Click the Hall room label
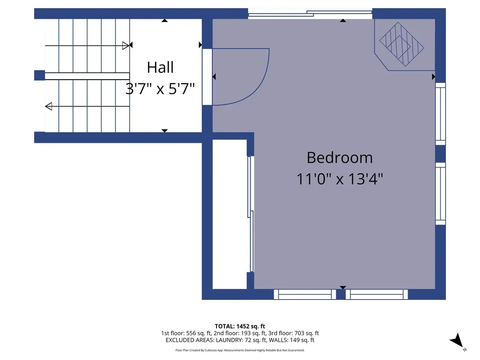click(160, 67)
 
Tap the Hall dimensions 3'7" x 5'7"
click(160, 89)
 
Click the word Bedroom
click(339, 157)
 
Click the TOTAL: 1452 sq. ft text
click(240, 326)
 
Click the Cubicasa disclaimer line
click(240, 350)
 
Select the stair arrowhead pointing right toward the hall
click(126, 45)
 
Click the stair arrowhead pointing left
click(49, 106)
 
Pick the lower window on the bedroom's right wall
click(441, 194)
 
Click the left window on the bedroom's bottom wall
click(305, 294)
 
